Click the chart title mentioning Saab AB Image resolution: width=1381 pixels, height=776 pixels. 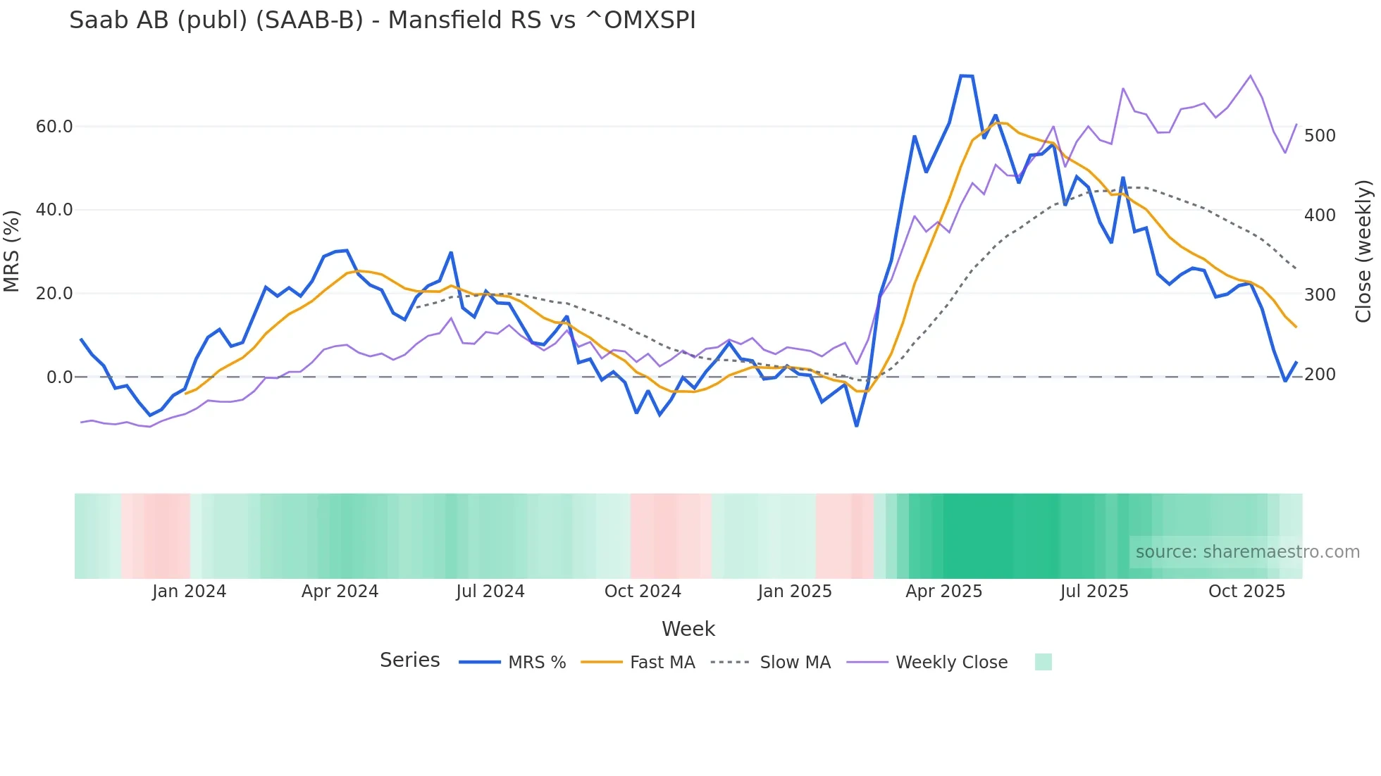(x=382, y=20)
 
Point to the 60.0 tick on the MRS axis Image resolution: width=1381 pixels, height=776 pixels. (x=54, y=127)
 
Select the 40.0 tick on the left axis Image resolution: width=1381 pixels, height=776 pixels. (x=54, y=210)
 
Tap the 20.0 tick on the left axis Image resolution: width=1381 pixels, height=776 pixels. (x=54, y=294)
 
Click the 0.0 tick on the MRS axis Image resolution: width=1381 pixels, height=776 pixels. (x=59, y=377)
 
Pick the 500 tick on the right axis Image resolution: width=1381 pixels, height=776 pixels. (x=1320, y=136)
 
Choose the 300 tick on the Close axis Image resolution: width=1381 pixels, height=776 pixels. (x=1320, y=295)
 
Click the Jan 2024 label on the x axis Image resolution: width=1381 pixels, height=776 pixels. (x=189, y=592)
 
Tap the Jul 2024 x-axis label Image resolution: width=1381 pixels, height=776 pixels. (x=490, y=592)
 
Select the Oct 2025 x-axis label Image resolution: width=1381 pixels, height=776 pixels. (x=1246, y=592)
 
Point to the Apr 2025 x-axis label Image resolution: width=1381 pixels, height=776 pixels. (x=943, y=592)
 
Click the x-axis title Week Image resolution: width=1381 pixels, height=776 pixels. (x=688, y=629)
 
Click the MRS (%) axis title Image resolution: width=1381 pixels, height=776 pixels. (x=11, y=251)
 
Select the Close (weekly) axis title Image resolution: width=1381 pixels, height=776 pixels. (x=1364, y=251)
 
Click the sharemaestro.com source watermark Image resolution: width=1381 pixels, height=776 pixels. (x=1247, y=552)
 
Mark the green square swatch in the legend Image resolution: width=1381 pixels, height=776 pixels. (x=1044, y=662)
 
